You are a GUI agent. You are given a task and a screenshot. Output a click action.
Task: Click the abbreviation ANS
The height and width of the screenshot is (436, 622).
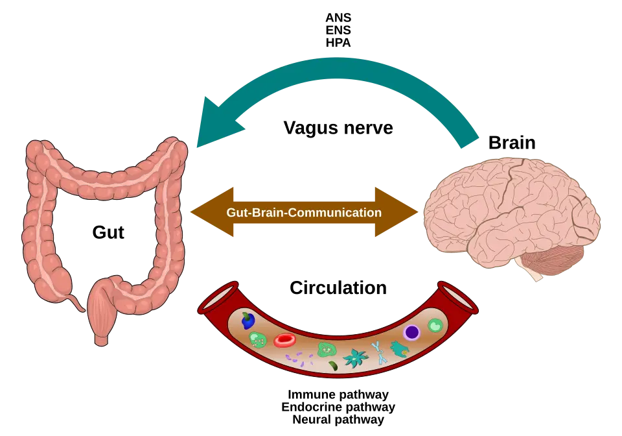click(338, 18)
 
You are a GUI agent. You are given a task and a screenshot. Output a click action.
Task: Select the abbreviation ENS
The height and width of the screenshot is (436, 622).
click(338, 30)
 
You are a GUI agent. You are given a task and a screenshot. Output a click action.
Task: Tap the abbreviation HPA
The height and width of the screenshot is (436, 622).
click(338, 42)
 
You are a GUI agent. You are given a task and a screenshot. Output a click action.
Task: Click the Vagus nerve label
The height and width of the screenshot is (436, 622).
click(338, 128)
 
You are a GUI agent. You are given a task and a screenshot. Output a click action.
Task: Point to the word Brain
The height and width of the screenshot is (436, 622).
click(512, 143)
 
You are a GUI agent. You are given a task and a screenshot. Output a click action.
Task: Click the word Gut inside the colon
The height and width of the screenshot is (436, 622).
click(108, 232)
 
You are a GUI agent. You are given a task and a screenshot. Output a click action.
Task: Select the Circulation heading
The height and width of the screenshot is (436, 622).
click(338, 288)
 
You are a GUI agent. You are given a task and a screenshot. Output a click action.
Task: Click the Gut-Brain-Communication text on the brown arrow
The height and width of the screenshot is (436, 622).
click(304, 212)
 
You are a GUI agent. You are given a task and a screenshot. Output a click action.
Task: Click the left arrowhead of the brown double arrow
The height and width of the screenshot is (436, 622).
click(213, 212)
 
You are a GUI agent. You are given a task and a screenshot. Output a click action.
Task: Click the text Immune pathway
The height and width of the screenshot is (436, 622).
click(338, 394)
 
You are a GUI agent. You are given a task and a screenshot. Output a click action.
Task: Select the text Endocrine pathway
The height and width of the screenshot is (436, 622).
click(338, 407)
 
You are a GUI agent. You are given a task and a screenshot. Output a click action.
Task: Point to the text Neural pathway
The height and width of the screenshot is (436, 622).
click(338, 419)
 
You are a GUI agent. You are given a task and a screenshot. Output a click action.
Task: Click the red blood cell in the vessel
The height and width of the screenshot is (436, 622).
click(285, 341)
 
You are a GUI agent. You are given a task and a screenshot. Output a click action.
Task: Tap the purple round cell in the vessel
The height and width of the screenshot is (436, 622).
click(412, 332)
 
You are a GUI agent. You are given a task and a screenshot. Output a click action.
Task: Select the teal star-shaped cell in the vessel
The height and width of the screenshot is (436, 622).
click(355, 357)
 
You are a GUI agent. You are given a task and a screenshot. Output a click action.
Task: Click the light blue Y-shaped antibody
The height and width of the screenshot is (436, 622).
click(380, 353)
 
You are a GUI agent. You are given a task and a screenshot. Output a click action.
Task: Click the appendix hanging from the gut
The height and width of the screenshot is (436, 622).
click(76, 302)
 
